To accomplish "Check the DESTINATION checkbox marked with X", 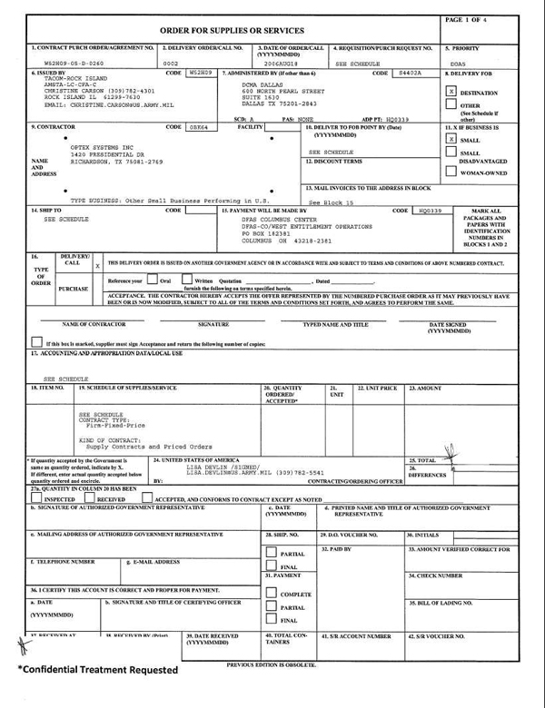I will [x=451, y=92].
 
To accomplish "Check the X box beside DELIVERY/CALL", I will [x=97, y=266].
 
